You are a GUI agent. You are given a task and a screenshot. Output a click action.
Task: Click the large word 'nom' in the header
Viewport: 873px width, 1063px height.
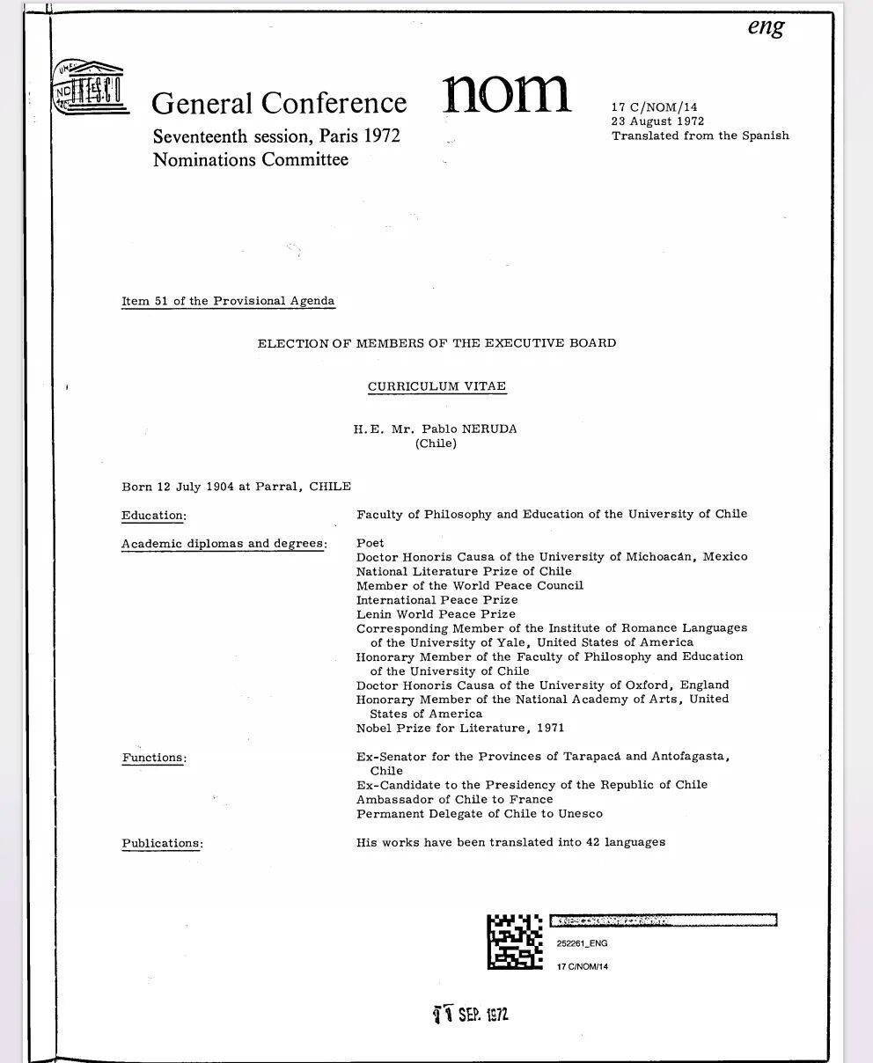tap(505, 92)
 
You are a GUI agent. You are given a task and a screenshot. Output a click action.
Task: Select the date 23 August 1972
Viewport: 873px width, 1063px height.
tap(657, 121)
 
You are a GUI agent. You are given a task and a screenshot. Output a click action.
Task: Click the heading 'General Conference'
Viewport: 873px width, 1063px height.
tap(279, 103)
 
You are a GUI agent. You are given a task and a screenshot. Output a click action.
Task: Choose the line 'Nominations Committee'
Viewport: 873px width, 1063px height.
tap(250, 159)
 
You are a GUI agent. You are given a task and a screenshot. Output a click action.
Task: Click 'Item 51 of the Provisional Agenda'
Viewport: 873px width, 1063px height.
tap(228, 301)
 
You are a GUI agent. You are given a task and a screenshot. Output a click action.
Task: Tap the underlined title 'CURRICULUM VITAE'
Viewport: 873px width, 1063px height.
tap(436, 386)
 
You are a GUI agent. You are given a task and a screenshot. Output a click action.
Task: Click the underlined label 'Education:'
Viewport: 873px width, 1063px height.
tap(154, 516)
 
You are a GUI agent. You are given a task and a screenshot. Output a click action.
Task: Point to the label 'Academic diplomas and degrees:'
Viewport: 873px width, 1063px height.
tap(224, 544)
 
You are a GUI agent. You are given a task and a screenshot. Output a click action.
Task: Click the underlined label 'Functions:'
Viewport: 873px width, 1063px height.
tap(154, 758)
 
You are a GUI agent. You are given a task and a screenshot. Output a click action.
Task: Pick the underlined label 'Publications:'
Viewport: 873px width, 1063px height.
tap(162, 844)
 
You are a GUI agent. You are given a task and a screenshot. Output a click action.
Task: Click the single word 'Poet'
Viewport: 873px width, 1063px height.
tap(370, 543)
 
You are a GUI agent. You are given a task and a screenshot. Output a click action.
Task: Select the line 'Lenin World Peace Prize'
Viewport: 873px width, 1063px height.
tap(436, 614)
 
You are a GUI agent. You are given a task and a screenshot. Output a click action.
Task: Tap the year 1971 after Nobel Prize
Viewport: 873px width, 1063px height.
tap(549, 728)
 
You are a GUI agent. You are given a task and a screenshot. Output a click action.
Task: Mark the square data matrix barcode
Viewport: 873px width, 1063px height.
tap(515, 941)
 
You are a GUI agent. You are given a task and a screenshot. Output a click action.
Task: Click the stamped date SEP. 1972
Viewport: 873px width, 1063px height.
tap(472, 1015)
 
